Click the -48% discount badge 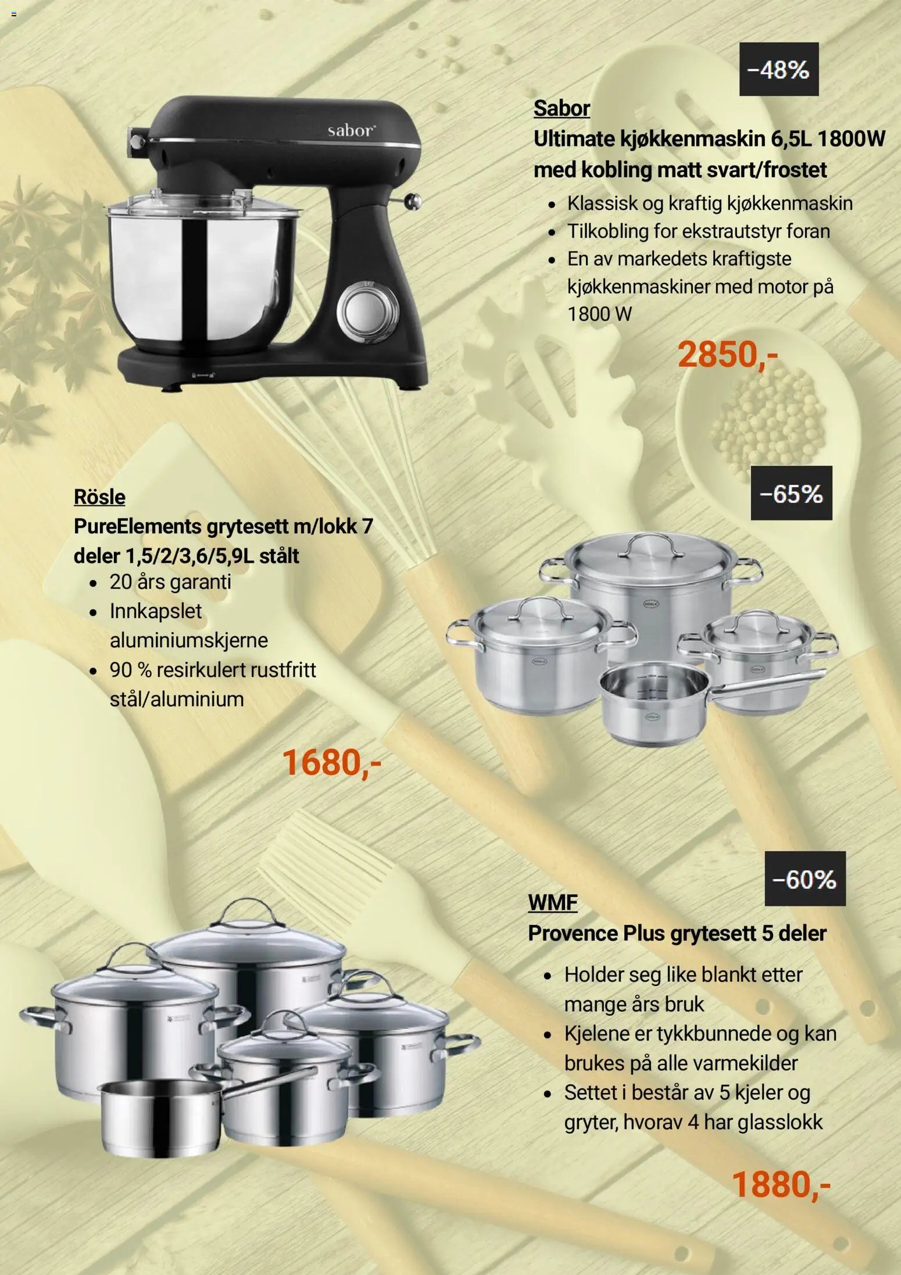tap(778, 69)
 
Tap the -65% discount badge tap(791, 493)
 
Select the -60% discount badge tap(805, 878)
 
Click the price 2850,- tap(728, 355)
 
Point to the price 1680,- tap(331, 762)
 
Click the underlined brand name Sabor tap(562, 108)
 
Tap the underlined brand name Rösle tap(99, 497)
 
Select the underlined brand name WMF tap(553, 903)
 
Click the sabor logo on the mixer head tap(351, 130)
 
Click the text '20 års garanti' tap(170, 582)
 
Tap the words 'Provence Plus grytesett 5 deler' tap(677, 934)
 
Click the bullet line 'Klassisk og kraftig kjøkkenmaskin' tap(710, 203)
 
